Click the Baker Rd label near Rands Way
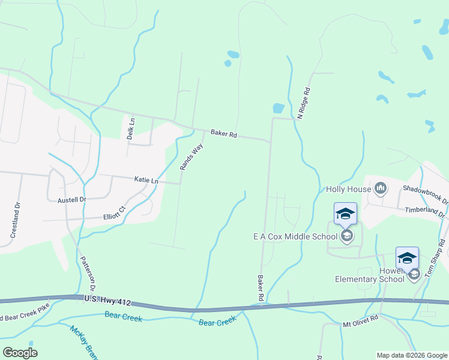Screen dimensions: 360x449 224,134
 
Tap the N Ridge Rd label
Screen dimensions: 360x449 306,103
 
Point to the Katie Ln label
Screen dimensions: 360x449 146,180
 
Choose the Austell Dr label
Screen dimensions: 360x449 72,200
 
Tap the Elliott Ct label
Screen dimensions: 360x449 114,212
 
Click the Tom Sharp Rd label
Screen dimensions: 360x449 435,259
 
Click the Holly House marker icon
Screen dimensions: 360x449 380,188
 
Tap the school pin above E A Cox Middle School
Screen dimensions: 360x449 346,214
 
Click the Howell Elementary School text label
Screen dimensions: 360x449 369,275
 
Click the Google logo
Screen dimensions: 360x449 20,352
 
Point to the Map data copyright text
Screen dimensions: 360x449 412,355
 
